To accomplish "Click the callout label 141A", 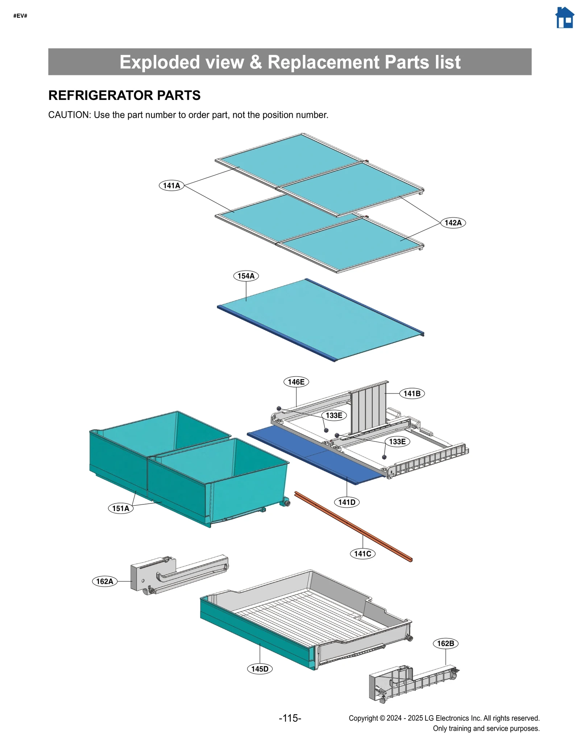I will [171, 185].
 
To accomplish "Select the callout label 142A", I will [453, 223].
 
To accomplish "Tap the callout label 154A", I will [246, 276].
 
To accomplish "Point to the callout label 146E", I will [296, 382].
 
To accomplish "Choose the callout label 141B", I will [412, 393].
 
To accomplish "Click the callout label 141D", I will [347, 502].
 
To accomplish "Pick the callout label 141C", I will [362, 553].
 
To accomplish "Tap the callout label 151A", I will [121, 508].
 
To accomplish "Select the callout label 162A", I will [104, 581].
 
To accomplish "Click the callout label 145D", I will [260, 669].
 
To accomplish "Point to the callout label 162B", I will [446, 643].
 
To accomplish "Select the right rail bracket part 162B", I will [410, 683].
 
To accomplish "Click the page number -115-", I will [290, 718].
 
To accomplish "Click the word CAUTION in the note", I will [69, 115].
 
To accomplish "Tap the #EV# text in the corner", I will [20, 16].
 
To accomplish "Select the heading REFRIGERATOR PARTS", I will [124, 95].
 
